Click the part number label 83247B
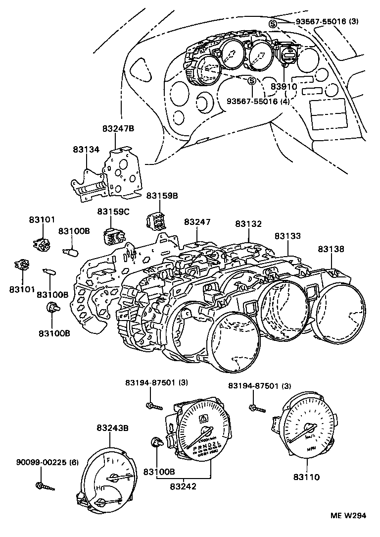pyautogui.click(x=118, y=128)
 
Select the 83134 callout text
pyautogui.click(x=86, y=149)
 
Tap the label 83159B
pyautogui.click(x=161, y=196)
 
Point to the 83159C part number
pyautogui.click(x=113, y=212)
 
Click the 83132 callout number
pyautogui.click(x=248, y=223)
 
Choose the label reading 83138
pyautogui.click(x=331, y=249)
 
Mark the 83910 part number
pyautogui.click(x=284, y=86)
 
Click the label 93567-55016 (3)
pyautogui.click(x=327, y=22)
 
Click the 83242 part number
pyautogui.click(x=183, y=486)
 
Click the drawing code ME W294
pyautogui.click(x=348, y=515)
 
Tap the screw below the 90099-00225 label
pyautogui.click(x=45, y=486)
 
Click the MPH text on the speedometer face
pyautogui.click(x=311, y=448)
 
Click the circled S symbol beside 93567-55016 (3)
pyautogui.click(x=272, y=24)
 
